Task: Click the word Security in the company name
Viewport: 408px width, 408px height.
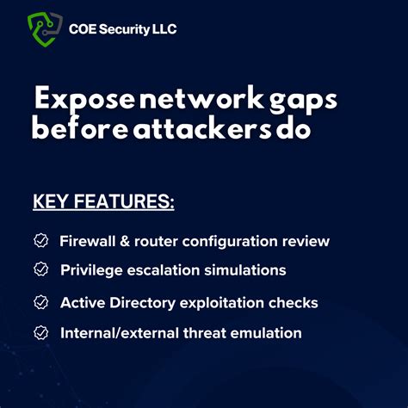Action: click(x=127, y=29)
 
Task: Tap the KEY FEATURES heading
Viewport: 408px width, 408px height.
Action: click(x=103, y=203)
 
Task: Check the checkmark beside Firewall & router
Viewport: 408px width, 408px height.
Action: click(x=40, y=241)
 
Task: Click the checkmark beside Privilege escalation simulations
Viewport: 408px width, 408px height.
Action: click(x=40, y=269)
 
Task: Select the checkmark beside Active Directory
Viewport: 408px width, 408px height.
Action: click(x=40, y=302)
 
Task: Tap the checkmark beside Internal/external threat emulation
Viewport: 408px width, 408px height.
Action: click(x=40, y=331)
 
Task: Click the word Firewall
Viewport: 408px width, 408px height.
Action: click(x=85, y=241)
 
